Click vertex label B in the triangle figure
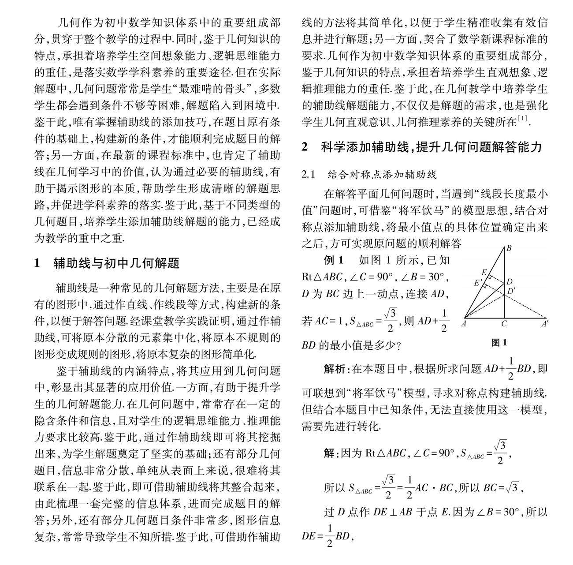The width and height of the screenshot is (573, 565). coord(508,248)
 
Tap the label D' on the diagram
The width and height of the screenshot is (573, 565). coord(511,291)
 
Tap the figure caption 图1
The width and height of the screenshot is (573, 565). coord(499,342)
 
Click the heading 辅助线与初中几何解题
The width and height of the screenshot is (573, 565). coord(116,264)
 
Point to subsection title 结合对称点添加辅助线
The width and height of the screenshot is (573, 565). coord(382,175)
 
